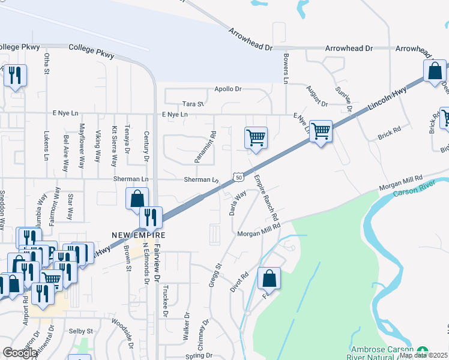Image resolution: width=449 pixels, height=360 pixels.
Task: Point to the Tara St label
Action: pos(193,104)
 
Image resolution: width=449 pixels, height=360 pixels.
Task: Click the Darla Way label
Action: pos(239,203)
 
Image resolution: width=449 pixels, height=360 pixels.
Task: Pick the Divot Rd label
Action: pos(240,284)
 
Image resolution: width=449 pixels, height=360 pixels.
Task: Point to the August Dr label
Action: pos(316,95)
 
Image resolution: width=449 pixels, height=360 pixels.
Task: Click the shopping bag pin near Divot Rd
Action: pos(269,279)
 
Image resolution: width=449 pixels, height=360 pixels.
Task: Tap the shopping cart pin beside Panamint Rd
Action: pos(256,138)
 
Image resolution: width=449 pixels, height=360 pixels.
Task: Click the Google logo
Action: pos(20,352)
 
